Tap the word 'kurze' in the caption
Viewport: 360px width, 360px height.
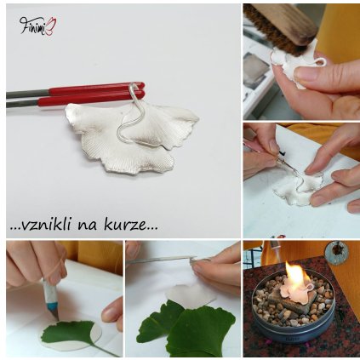coord(137,226)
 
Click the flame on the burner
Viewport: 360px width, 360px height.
coord(299,279)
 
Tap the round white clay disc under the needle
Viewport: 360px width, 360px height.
coord(192,294)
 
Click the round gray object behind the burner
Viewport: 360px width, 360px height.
coord(337,252)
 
